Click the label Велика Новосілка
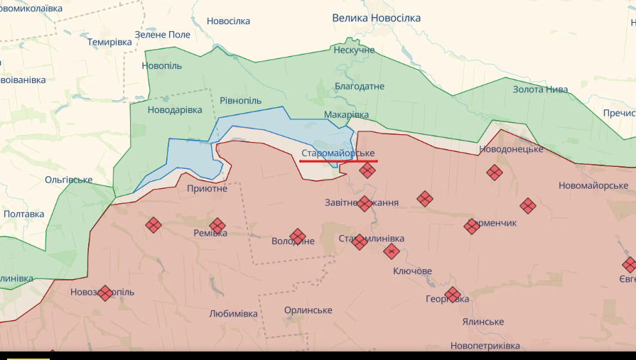pyautogui.click(x=377, y=18)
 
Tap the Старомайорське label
pyautogui.click(x=338, y=153)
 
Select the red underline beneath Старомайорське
pyautogui.click(x=338, y=161)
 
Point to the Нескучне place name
pyautogui.click(x=354, y=50)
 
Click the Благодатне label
pyautogui.click(x=360, y=87)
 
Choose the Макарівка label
pyautogui.click(x=346, y=114)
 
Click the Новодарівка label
pyautogui.click(x=175, y=110)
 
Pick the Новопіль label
pyautogui.click(x=161, y=66)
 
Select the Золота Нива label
pyautogui.click(x=541, y=89)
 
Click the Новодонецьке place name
pyautogui.click(x=512, y=149)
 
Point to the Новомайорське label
pyautogui.click(x=593, y=185)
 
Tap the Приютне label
pyautogui.click(x=207, y=188)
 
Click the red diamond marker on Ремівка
pyautogui.click(x=217, y=226)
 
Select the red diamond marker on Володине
pyautogui.click(x=298, y=236)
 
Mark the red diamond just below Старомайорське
pyautogui.click(x=367, y=170)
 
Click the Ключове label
pyautogui.click(x=412, y=271)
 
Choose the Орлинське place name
pyautogui.click(x=308, y=310)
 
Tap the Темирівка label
pyautogui.click(x=110, y=42)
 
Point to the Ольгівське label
pyautogui.click(x=69, y=180)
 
